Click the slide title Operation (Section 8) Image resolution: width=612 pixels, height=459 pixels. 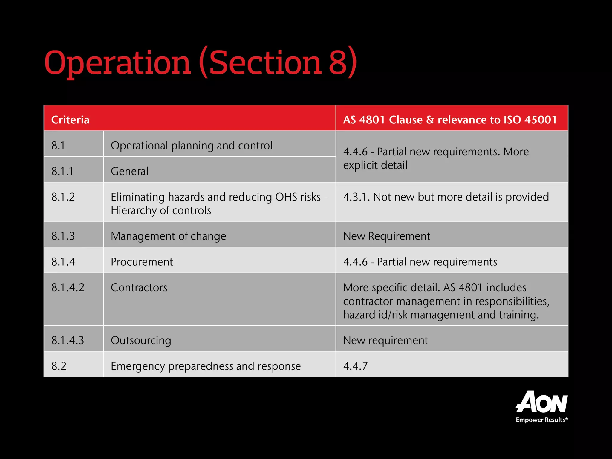pos(200,63)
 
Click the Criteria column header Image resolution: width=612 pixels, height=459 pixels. pos(70,120)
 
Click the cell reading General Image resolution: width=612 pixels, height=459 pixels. pos(129,171)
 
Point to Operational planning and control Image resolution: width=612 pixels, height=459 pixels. pos(191,146)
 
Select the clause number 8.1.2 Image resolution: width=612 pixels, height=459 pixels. pos(63,197)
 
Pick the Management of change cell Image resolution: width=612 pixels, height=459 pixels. pos(168,236)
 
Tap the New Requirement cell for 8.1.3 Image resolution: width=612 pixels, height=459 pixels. pos(386,236)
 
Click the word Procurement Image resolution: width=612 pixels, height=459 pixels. pos(142,262)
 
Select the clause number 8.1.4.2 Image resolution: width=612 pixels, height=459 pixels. pos(68,287)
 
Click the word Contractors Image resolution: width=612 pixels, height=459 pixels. pos(139,287)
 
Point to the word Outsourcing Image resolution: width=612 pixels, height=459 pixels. pos(141,340)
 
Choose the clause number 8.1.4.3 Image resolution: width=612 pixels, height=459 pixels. pos(68,340)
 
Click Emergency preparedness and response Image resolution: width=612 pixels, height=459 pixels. pos(206,366)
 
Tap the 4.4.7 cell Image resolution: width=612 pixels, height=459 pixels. pos(355,366)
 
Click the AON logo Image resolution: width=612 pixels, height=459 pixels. pos(541,402)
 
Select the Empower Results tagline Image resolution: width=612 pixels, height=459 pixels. pos(541,420)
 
